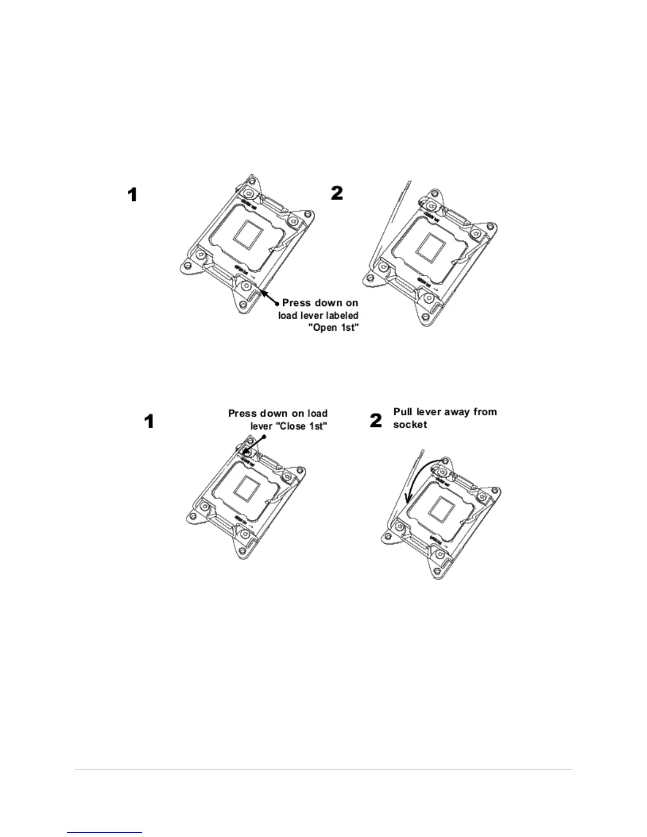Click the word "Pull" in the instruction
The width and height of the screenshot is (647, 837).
(402, 412)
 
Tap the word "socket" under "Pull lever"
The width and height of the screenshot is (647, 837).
(410, 424)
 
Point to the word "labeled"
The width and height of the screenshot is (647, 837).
(339, 315)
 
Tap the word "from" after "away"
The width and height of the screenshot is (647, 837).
(485, 412)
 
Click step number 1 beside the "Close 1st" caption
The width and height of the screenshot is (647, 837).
(150, 421)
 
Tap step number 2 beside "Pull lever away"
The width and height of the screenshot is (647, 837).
(375, 421)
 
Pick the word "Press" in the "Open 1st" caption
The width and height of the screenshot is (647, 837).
(297, 303)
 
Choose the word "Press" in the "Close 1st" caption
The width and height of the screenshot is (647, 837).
(243, 414)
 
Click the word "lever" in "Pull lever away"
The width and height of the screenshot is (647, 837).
(430, 412)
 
